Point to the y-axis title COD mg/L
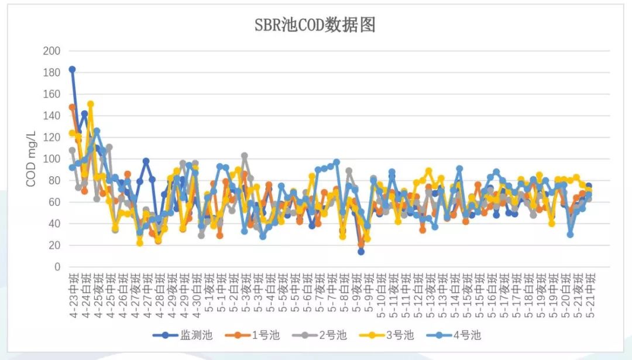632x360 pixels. (x=30, y=159)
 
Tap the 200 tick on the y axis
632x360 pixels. (x=52, y=51)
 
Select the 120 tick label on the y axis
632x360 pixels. (x=52, y=138)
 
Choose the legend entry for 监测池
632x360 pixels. (x=182, y=335)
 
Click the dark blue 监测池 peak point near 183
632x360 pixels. (x=73, y=69)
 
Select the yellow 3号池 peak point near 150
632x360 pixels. (x=91, y=104)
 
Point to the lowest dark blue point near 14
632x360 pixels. (x=361, y=252)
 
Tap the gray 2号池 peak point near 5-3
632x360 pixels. (x=245, y=156)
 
